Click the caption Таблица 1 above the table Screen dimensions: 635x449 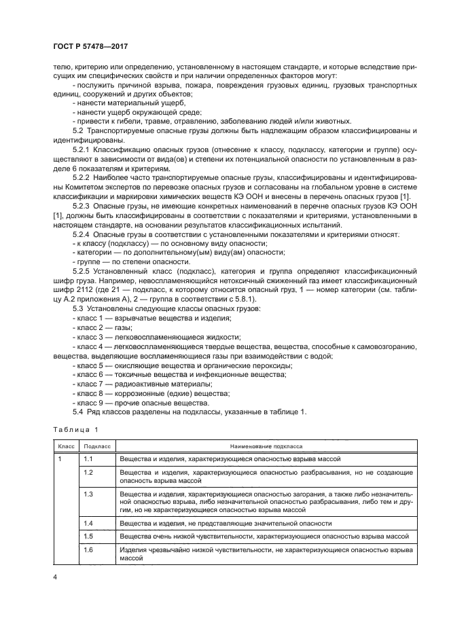coord(76,429)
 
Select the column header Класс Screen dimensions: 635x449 coord(66,448)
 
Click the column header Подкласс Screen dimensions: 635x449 coord(96,448)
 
